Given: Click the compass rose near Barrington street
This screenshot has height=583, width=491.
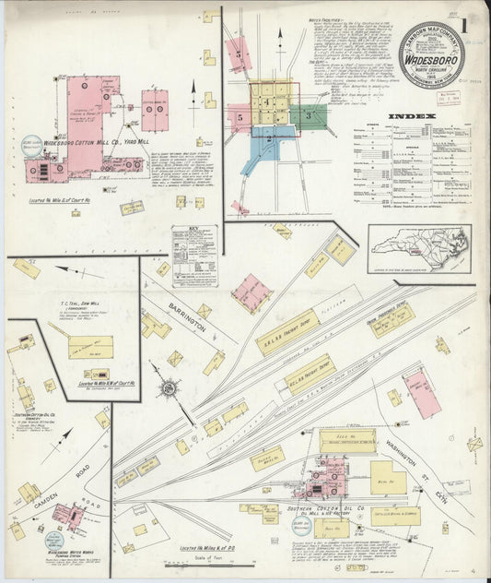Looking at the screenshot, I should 170,387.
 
